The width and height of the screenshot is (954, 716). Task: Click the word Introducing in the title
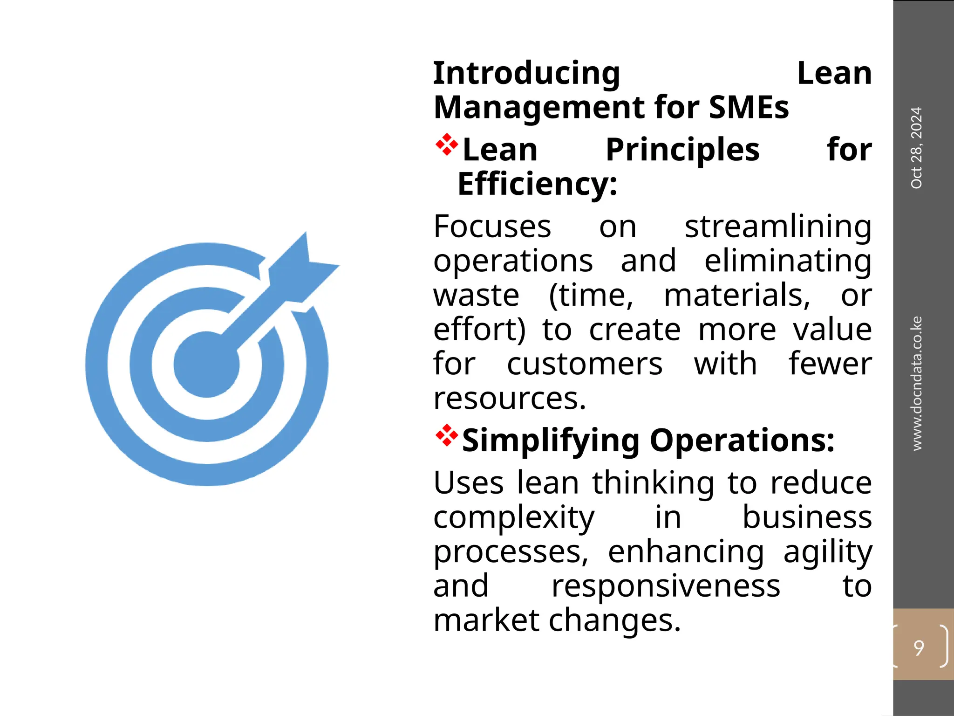[x=526, y=74]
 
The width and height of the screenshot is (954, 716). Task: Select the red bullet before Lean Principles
[x=446, y=145]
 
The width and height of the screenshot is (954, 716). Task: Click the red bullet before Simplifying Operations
[x=446, y=435]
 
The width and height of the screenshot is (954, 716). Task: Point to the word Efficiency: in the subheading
[x=538, y=184]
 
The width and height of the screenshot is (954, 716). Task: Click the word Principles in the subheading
[x=682, y=150]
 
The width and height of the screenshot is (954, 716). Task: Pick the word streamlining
[x=777, y=227]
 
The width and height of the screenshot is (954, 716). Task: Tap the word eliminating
[x=787, y=261]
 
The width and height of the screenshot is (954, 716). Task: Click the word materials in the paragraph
[x=737, y=296]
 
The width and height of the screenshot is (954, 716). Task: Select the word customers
[x=585, y=364]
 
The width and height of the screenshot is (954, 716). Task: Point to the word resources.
[x=510, y=399]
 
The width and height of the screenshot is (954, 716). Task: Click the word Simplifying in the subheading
[x=551, y=441]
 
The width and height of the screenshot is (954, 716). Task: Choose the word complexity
[x=514, y=517]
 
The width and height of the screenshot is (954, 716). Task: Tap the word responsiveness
[x=666, y=586]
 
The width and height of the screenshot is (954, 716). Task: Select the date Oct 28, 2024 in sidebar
[x=916, y=148]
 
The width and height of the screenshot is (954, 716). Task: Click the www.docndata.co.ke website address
[x=916, y=383]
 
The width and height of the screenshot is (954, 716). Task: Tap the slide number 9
[x=919, y=647]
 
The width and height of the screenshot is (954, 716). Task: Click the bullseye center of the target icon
[x=206, y=365]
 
